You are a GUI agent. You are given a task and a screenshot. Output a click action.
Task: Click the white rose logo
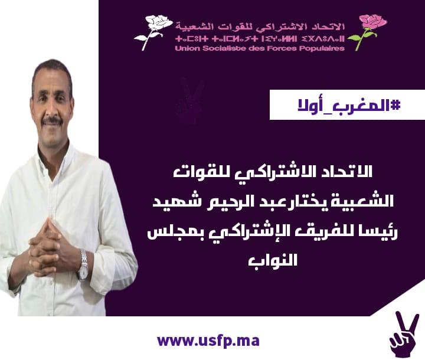153,32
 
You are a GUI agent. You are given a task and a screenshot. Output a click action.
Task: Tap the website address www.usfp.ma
208,341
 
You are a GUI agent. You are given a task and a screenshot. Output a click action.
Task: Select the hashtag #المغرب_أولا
349,106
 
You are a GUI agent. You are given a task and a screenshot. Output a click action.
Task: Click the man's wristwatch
83,265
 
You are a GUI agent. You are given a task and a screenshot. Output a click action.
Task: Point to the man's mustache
54,120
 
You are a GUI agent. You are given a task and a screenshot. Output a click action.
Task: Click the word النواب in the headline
273,260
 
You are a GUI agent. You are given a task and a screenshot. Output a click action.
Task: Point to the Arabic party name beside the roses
260,27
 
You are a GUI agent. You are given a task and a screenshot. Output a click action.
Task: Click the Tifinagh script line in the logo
260,39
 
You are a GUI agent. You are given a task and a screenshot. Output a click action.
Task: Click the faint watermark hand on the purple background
189,100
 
